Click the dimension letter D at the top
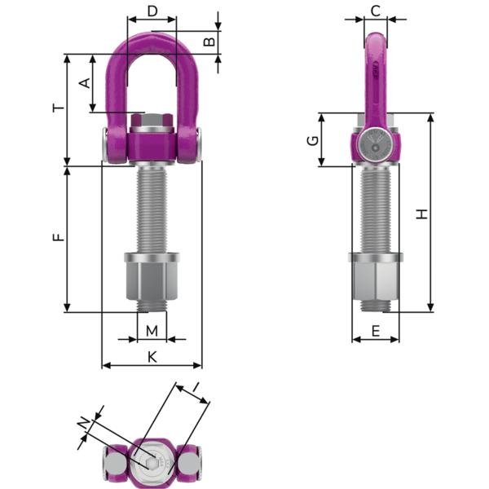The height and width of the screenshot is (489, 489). pyautogui.click(x=151, y=11)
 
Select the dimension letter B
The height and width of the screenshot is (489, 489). pyautogui.click(x=209, y=42)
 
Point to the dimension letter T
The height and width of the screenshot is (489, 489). pyautogui.click(x=55, y=108)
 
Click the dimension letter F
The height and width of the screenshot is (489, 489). pyautogui.click(x=56, y=238)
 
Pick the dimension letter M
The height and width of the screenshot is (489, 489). pyautogui.click(x=151, y=330)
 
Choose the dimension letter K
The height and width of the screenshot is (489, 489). pyautogui.click(x=152, y=356)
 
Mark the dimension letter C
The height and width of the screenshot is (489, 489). pyautogui.click(x=375, y=11)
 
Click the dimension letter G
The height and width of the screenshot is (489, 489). pyautogui.click(x=312, y=140)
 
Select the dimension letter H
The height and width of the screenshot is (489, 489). pyautogui.click(x=421, y=214)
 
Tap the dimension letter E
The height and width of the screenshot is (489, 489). pyautogui.click(x=375, y=330)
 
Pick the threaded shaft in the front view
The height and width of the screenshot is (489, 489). pyautogui.click(x=151, y=208)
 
